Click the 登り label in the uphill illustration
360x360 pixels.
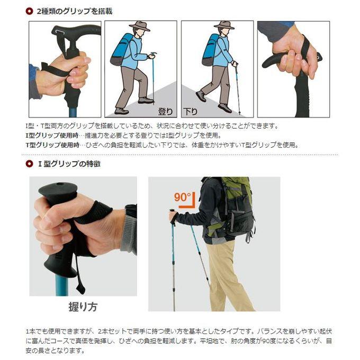click(x=165, y=111)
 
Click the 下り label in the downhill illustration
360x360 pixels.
click(x=191, y=112)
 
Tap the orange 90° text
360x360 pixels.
click(x=182, y=197)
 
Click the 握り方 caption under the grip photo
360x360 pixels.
click(x=83, y=307)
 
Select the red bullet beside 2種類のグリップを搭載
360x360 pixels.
click(x=29, y=11)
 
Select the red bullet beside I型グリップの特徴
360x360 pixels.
click(x=29, y=164)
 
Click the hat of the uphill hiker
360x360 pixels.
click(x=140, y=25)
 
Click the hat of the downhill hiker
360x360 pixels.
click(x=224, y=25)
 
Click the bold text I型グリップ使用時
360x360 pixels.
click(x=52, y=136)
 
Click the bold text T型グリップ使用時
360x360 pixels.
click(x=52, y=145)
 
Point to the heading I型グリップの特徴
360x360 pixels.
click(x=69, y=164)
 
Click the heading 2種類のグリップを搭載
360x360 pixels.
click(x=75, y=11)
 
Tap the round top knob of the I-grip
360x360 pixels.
click(x=58, y=189)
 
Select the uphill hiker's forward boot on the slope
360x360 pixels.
click(x=146, y=100)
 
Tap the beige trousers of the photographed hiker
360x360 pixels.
click(x=227, y=275)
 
